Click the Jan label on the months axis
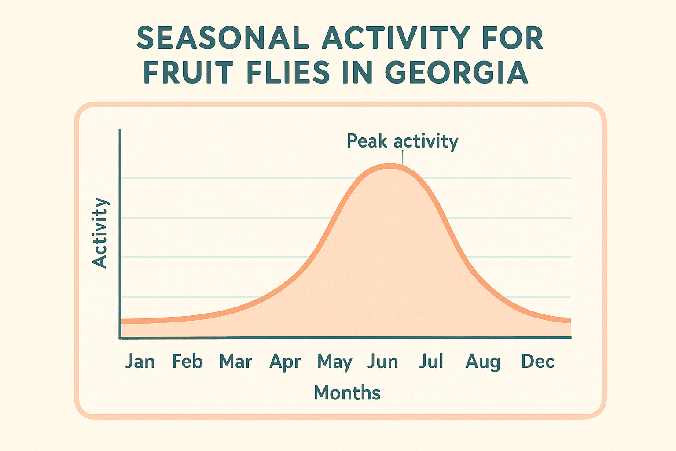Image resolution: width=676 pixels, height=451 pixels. [140, 362]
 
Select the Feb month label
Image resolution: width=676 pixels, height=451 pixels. [187, 362]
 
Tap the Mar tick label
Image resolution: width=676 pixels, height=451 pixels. [236, 362]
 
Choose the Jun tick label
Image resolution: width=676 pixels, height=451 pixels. [382, 362]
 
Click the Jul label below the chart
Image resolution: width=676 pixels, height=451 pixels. [430, 362]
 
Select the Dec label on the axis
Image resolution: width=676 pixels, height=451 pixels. [537, 362]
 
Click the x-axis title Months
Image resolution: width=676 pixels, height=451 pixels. [347, 393]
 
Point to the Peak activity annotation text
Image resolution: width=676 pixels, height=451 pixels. [402, 141]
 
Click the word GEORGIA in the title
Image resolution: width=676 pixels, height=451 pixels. [457, 73]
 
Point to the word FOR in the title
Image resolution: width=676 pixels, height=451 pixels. [513, 38]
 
